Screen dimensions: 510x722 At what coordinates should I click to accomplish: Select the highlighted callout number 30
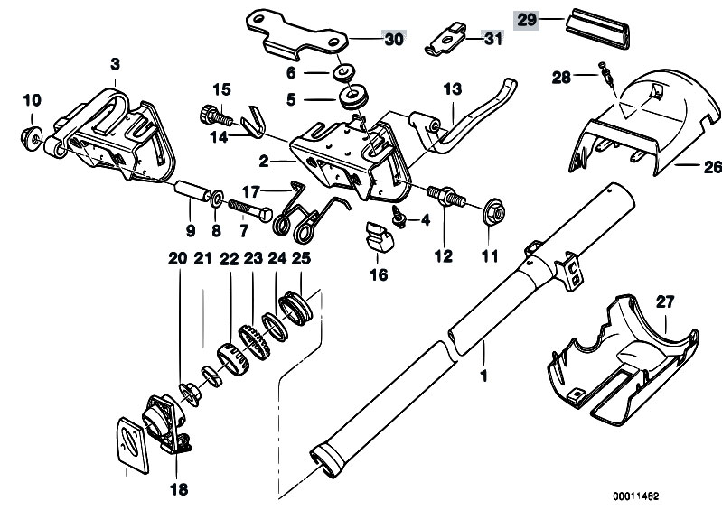coord(394,39)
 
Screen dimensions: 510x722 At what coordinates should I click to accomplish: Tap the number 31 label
coord(492,39)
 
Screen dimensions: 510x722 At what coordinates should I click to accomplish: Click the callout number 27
coord(666,303)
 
